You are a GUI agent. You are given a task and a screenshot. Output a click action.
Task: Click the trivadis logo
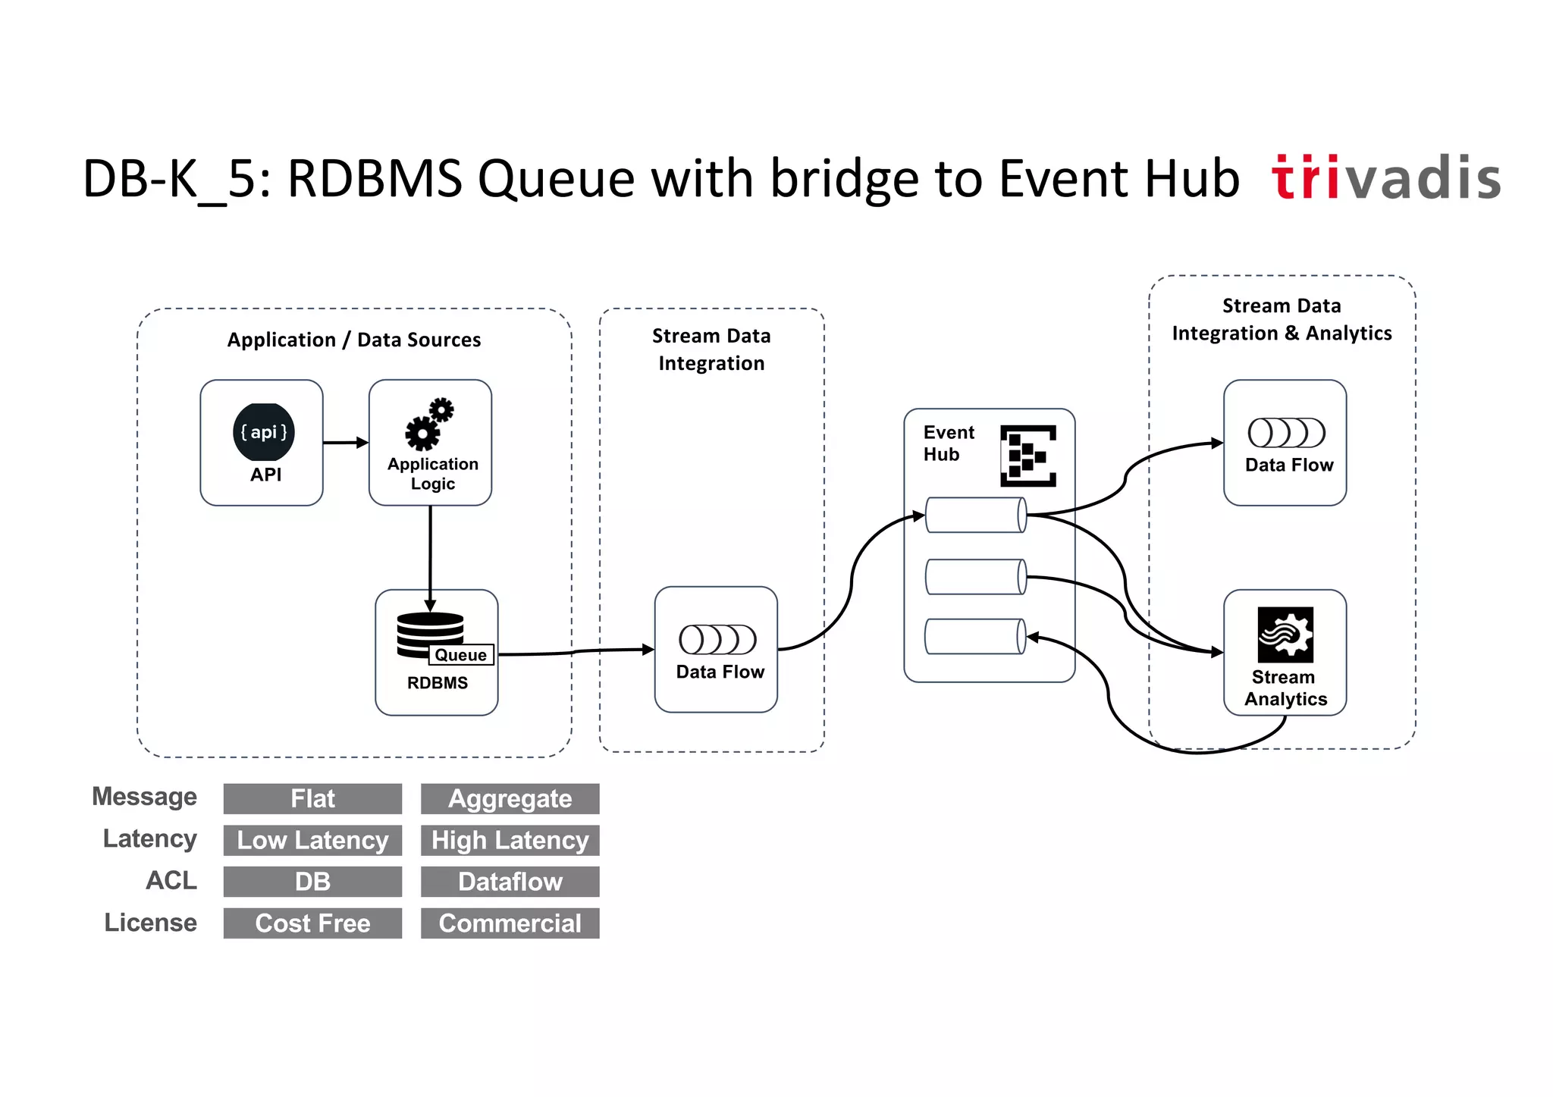click(x=1386, y=179)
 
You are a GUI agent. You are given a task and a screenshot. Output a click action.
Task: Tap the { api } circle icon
click(x=263, y=432)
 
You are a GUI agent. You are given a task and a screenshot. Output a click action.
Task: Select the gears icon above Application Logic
click(x=429, y=424)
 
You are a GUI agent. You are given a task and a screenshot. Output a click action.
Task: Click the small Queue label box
click(x=460, y=654)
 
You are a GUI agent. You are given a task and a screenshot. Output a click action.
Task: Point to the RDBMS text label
click(x=438, y=682)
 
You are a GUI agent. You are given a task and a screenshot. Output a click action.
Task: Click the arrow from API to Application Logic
click(x=346, y=442)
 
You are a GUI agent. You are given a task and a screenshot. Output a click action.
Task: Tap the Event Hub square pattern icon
click(x=1027, y=456)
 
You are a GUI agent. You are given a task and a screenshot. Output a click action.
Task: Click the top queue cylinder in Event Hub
click(x=976, y=515)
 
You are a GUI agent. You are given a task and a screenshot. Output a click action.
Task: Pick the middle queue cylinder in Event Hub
click(x=976, y=577)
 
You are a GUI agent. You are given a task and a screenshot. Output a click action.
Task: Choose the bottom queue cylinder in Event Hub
click(x=976, y=636)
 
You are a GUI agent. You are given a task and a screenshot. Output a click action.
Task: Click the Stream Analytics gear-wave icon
click(x=1285, y=635)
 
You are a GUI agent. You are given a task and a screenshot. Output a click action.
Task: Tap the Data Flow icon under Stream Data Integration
click(x=717, y=639)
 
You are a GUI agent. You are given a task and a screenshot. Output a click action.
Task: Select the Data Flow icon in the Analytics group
click(x=1286, y=433)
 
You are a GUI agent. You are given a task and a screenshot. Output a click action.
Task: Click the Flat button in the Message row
click(x=312, y=798)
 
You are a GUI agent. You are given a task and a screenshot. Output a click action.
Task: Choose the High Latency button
click(x=510, y=840)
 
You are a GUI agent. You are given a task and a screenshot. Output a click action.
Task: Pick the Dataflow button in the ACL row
click(x=510, y=882)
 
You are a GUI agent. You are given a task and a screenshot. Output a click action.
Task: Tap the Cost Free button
click(x=312, y=923)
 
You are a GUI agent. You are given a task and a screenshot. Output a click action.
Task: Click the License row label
click(x=150, y=923)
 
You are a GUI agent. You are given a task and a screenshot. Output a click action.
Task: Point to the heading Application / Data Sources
click(x=354, y=340)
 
